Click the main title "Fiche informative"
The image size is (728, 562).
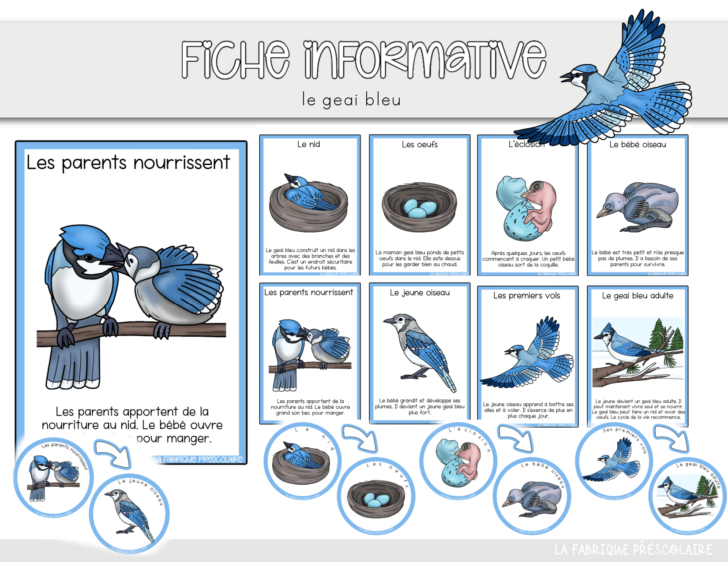tap(364, 60)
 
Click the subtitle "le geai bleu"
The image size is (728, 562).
tap(351, 100)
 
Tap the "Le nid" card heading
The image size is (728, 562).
tap(308, 144)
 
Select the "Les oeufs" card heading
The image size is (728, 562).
tap(420, 145)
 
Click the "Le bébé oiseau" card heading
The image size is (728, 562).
tap(638, 145)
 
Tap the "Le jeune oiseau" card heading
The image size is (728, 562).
tap(420, 293)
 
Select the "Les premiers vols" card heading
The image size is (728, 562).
tap(526, 296)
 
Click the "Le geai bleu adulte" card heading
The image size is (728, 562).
tap(638, 296)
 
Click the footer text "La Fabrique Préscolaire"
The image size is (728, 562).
tap(633, 550)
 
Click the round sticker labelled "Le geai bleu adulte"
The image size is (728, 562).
tap(687, 496)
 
